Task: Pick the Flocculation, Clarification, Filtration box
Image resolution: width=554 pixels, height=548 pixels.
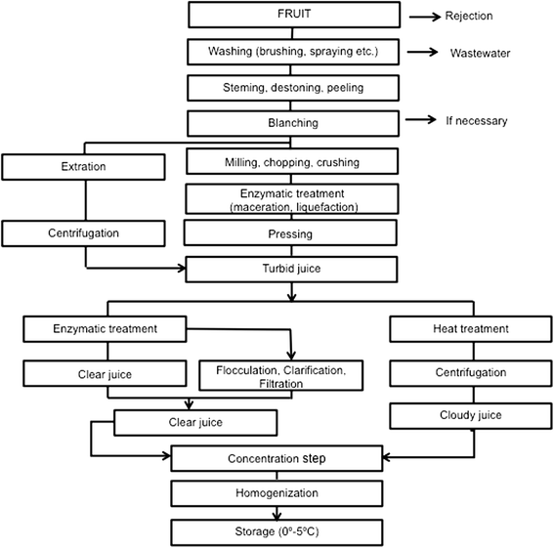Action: coord(279,377)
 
